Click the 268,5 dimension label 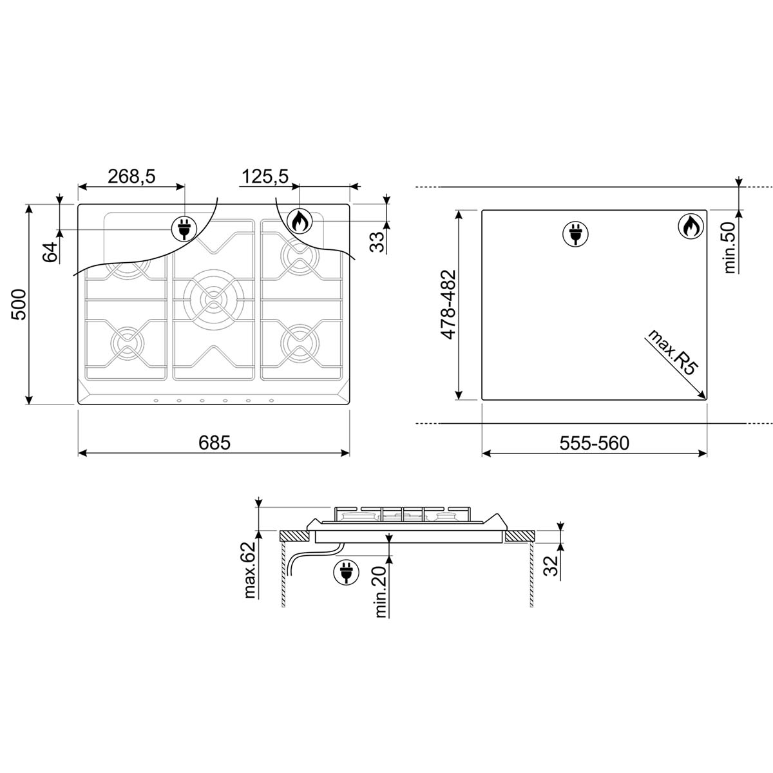click(131, 176)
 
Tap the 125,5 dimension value click(265, 176)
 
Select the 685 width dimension click(215, 443)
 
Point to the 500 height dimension click(19, 304)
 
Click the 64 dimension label click(50, 252)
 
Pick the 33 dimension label click(377, 242)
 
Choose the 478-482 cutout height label click(448, 305)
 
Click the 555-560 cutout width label click(594, 443)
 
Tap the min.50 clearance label click(730, 247)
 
